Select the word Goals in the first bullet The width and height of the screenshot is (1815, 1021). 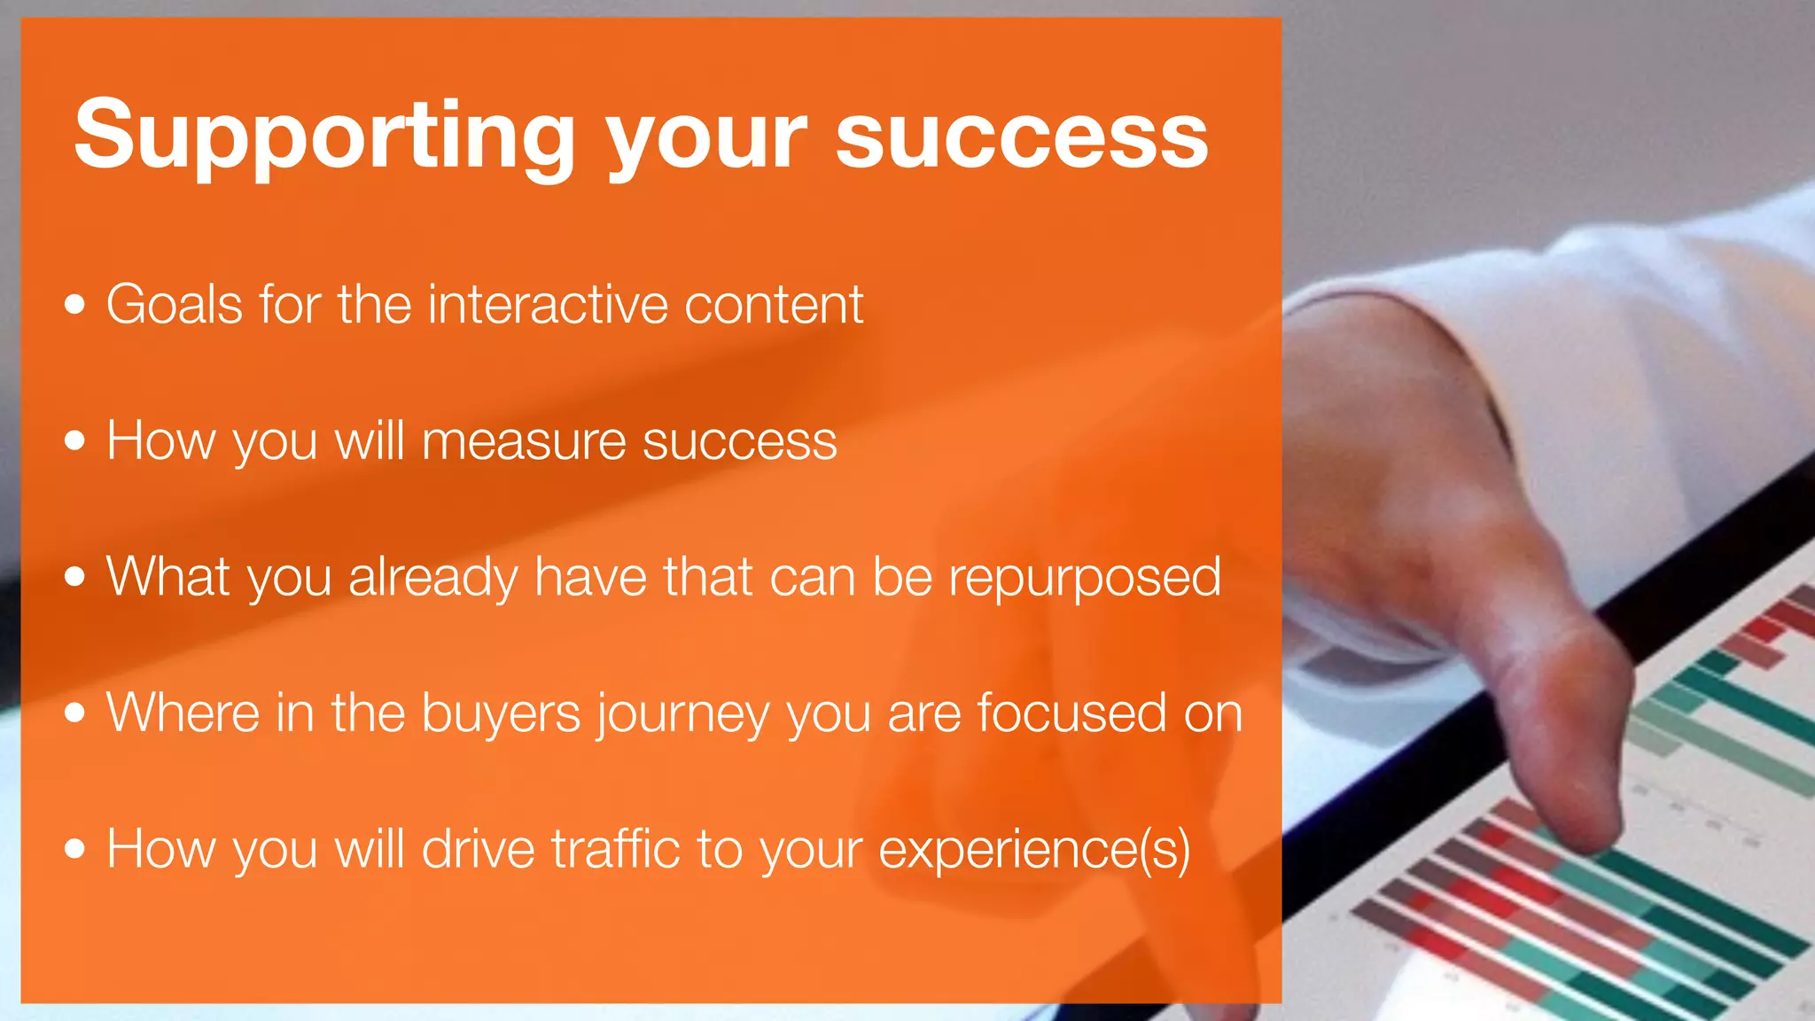[174, 305]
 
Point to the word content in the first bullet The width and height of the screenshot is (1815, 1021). [774, 305]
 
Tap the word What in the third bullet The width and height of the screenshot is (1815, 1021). [167, 577]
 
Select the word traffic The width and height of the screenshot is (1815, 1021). [616, 849]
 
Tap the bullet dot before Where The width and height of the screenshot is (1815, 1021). [75, 713]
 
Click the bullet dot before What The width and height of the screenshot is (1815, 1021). [75, 578]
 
